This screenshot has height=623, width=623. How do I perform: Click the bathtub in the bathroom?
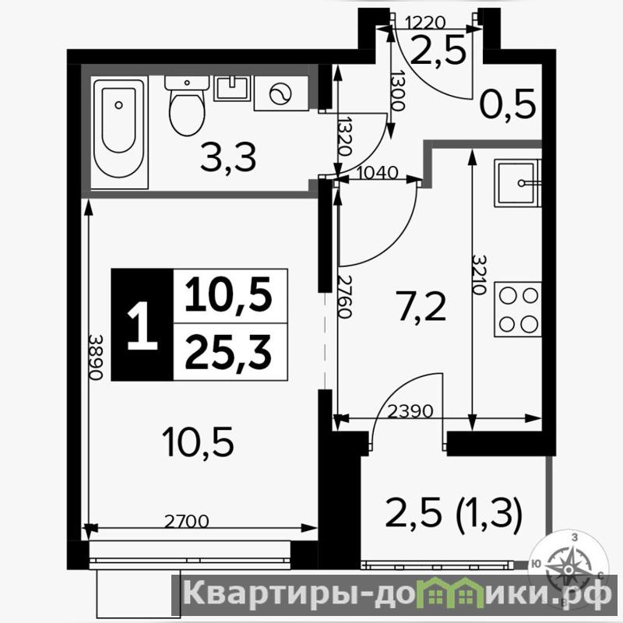[x=120, y=132]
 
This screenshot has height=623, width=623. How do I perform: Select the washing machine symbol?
[x=281, y=93]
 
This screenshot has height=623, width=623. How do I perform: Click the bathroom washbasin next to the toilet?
[x=232, y=88]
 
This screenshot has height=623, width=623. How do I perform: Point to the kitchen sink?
[x=518, y=183]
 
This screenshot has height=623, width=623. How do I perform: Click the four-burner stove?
[x=518, y=309]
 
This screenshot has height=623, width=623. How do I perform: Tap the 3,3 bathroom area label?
[x=228, y=158]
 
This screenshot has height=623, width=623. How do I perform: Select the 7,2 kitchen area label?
[x=421, y=306]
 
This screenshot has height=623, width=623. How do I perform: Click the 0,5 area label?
[x=508, y=105]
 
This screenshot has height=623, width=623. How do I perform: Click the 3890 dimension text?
[x=95, y=357]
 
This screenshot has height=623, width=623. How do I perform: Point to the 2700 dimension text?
[x=187, y=521]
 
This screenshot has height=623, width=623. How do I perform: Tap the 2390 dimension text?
[x=410, y=411]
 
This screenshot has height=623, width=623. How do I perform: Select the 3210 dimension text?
[x=480, y=274]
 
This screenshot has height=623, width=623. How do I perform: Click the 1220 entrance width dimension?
[x=425, y=23]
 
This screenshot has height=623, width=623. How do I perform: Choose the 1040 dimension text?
[x=378, y=173]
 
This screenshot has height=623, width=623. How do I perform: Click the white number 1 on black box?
[x=143, y=326]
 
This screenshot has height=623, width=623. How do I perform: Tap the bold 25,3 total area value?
[x=228, y=352]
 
